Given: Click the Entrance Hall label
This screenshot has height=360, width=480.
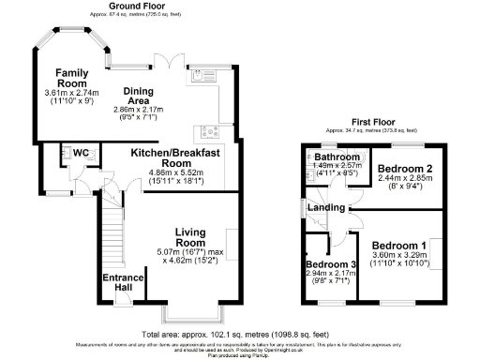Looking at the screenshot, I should coord(118,281).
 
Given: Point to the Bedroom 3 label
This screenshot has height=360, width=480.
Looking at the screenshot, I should coord(330,265).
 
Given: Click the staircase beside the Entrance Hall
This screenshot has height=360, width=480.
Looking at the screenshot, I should coord(112,234).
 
